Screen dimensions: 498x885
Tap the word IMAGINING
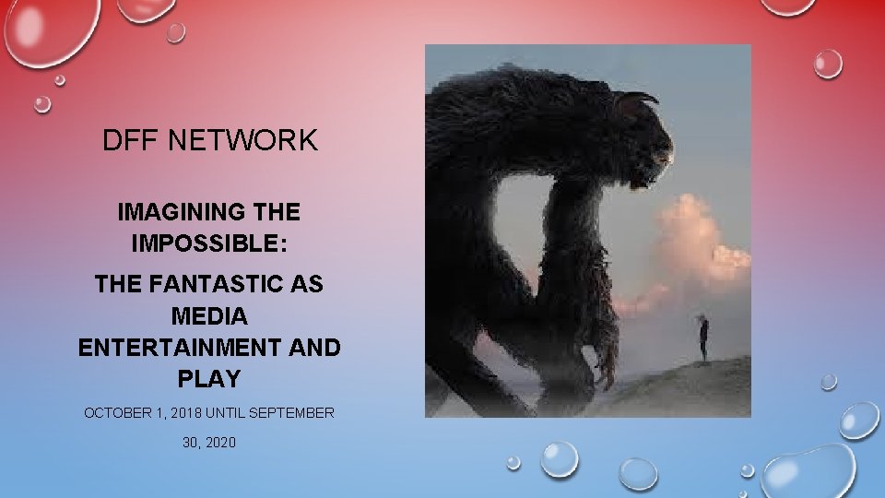pyautogui.click(x=175, y=212)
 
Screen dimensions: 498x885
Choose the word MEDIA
pyautogui.click(x=209, y=316)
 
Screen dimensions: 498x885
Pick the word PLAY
pyautogui.click(x=209, y=379)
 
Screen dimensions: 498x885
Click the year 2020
pyautogui.click(x=221, y=443)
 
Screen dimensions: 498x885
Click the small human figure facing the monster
pyautogui.click(x=702, y=338)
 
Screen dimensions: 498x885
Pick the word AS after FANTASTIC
pyautogui.click(x=303, y=285)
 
